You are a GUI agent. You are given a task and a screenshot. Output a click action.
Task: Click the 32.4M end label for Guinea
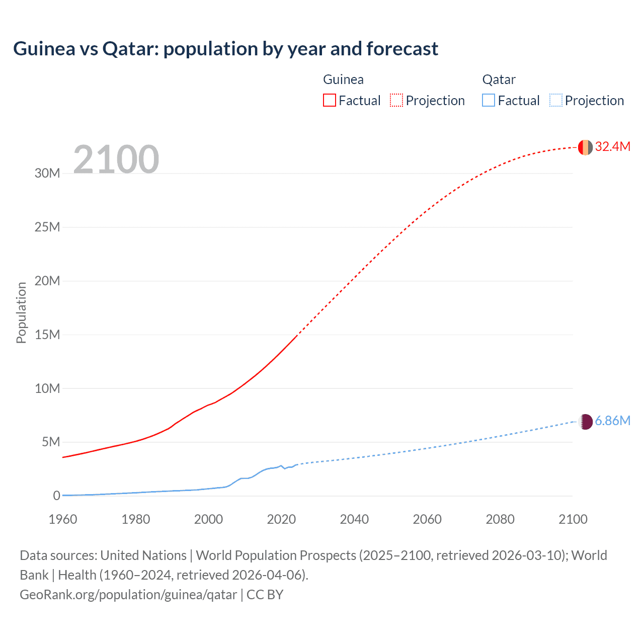tap(612, 146)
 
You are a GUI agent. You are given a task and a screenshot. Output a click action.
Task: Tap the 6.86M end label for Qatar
tap(612, 421)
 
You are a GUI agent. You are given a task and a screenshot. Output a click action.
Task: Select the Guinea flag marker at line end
tap(585, 147)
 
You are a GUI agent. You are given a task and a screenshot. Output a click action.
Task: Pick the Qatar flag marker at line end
tap(586, 422)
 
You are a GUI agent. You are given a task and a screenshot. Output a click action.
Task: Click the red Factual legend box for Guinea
tap(329, 100)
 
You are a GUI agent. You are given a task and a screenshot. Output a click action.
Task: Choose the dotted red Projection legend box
tap(396, 100)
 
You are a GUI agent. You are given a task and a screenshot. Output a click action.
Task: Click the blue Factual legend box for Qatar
tap(489, 100)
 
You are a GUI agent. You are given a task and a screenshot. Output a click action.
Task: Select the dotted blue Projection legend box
tap(556, 100)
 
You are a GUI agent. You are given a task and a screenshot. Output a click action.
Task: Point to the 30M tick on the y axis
tap(47, 174)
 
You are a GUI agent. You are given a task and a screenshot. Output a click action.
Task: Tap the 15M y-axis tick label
tap(47, 335)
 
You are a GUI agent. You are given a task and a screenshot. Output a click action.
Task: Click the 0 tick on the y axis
tap(56, 496)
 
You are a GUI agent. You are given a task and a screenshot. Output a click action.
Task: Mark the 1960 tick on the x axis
tap(63, 519)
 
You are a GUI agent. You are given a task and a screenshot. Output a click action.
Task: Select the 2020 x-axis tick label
tap(281, 519)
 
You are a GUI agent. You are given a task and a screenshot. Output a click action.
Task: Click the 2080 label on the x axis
tap(500, 519)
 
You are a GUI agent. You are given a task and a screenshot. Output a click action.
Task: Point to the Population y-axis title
tap(21, 312)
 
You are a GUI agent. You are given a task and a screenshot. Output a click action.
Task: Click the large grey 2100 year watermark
tap(116, 159)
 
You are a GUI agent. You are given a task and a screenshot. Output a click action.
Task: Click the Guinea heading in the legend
tap(343, 79)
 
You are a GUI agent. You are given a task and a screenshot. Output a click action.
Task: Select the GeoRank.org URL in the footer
tap(128, 595)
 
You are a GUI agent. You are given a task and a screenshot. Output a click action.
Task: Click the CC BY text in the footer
tap(265, 595)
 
